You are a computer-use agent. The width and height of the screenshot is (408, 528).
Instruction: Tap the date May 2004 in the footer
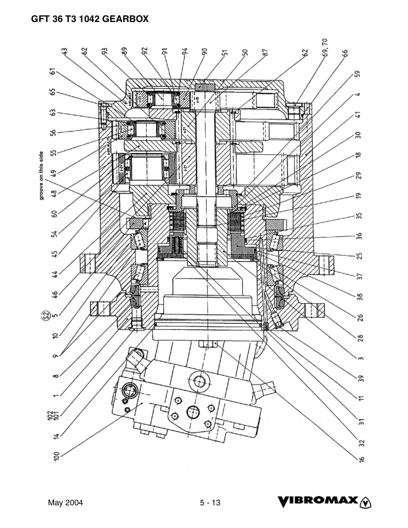pyautogui.click(x=65, y=503)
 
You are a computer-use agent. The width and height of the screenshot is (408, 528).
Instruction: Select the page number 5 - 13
pyautogui.click(x=209, y=503)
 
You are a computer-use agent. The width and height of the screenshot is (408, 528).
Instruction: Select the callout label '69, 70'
pyautogui.click(x=327, y=51)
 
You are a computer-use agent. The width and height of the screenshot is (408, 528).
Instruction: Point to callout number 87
pyautogui.click(x=265, y=52)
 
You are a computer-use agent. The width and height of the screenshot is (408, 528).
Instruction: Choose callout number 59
pyautogui.click(x=358, y=73)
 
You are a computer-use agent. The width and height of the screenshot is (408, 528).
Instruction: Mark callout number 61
pyautogui.click(x=51, y=73)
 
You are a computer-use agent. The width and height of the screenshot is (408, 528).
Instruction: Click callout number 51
pyautogui.click(x=225, y=52)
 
